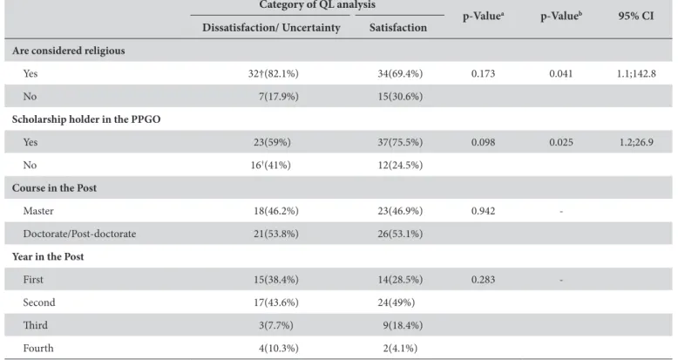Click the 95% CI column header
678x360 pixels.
pyautogui.click(x=635, y=16)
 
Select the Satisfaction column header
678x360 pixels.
pyautogui.click(x=397, y=28)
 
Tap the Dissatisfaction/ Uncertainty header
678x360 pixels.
pyautogui.click(x=271, y=28)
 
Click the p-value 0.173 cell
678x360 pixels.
pyautogui.click(x=483, y=73)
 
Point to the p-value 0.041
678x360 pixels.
pyautogui.click(x=561, y=73)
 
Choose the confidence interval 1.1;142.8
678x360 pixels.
pyautogui.click(x=636, y=73)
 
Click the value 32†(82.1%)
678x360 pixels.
pyautogui.click(x=274, y=73)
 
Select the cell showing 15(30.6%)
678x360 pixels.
pyautogui.click(x=400, y=97)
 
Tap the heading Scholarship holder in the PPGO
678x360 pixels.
pyautogui.click(x=86, y=119)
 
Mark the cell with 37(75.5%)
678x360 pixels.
pyautogui.click(x=400, y=142)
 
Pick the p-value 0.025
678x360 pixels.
pyautogui.click(x=561, y=142)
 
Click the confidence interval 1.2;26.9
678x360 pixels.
pyautogui.click(x=636, y=142)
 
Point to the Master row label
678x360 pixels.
pyautogui.click(x=38, y=211)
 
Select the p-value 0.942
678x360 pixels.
pyautogui.click(x=483, y=211)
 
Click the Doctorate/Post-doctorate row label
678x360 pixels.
pyautogui.click(x=79, y=234)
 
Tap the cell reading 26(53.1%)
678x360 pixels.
pyautogui.click(x=400, y=234)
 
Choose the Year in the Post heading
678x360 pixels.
pyautogui.click(x=48, y=256)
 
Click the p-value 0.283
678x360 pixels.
pyautogui.click(x=483, y=280)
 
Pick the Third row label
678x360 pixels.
pyautogui.click(x=36, y=325)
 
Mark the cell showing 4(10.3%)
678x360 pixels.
pyautogui.click(x=279, y=349)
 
